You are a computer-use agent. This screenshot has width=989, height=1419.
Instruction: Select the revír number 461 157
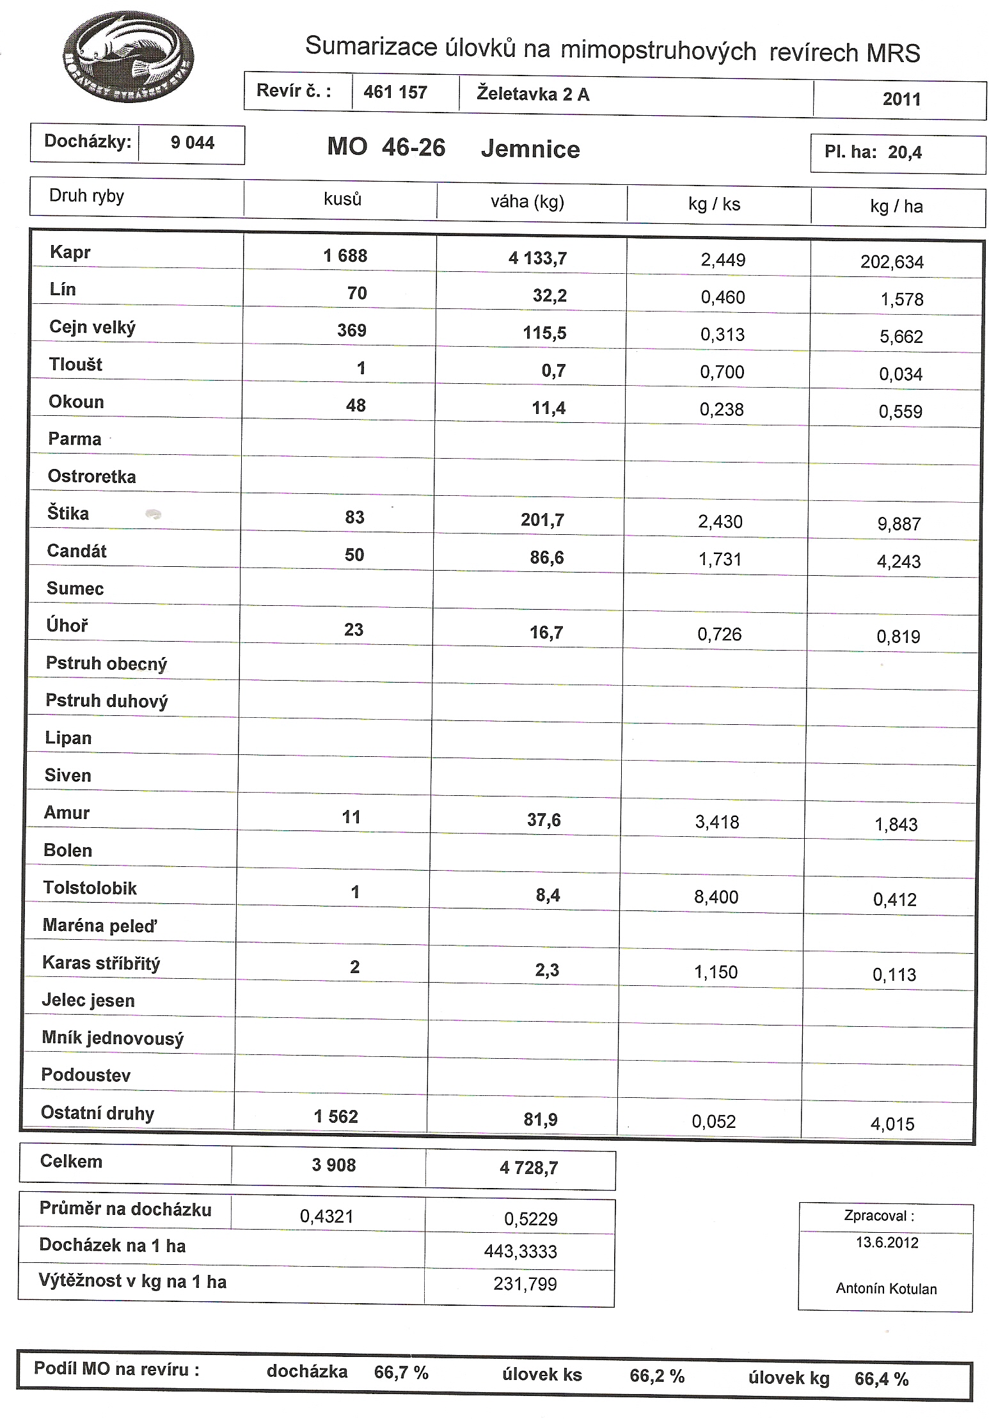coord(395,93)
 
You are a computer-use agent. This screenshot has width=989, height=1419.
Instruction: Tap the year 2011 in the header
coord(901,100)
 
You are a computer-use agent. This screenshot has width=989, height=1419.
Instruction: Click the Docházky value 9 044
coord(192,143)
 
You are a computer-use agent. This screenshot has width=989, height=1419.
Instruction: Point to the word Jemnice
coord(530,150)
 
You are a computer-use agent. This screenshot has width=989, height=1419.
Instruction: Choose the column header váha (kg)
coord(527,202)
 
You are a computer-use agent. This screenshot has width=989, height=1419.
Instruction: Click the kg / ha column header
coord(896,207)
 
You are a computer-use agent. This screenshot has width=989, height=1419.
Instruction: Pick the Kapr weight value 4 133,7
coord(537,258)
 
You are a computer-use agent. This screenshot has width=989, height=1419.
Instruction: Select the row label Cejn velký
coord(92,328)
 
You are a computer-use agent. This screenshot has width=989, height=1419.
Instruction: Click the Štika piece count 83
coord(354,518)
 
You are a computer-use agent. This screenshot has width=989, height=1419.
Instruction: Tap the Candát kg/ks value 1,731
coord(720,560)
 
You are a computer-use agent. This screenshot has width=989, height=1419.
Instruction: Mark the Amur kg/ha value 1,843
coord(896,825)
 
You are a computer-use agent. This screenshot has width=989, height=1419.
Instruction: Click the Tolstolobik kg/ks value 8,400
coord(716,898)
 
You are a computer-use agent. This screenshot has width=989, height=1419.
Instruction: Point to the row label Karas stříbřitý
coord(101,963)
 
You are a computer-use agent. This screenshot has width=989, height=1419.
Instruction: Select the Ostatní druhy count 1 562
coord(335,1117)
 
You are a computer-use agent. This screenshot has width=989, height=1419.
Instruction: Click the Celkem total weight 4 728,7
coord(528,1168)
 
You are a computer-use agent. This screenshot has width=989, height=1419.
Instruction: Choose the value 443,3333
coord(520,1251)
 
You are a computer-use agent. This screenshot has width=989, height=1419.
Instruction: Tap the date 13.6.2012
coord(887,1242)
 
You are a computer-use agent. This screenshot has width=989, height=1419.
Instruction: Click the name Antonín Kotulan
coord(886,1288)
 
